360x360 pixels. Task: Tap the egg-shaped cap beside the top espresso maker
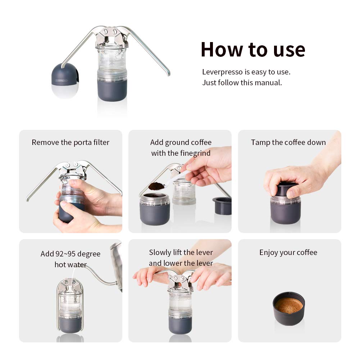point(65,80)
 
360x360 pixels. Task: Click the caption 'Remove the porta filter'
point(70,142)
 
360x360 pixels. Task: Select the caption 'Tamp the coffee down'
point(288,142)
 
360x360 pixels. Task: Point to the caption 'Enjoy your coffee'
point(288,252)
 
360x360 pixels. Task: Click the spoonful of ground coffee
point(156,186)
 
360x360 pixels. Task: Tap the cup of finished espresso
point(289,308)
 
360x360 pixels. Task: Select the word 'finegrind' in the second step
point(195,153)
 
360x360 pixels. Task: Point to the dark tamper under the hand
point(287,190)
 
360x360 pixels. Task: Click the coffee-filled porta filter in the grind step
point(155,209)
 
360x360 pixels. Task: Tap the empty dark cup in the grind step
point(222,206)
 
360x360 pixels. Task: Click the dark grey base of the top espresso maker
point(112,90)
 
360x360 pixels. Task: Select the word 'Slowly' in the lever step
point(160,252)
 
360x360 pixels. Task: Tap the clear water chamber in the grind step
point(184,192)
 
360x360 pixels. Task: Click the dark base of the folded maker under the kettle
point(70,324)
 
